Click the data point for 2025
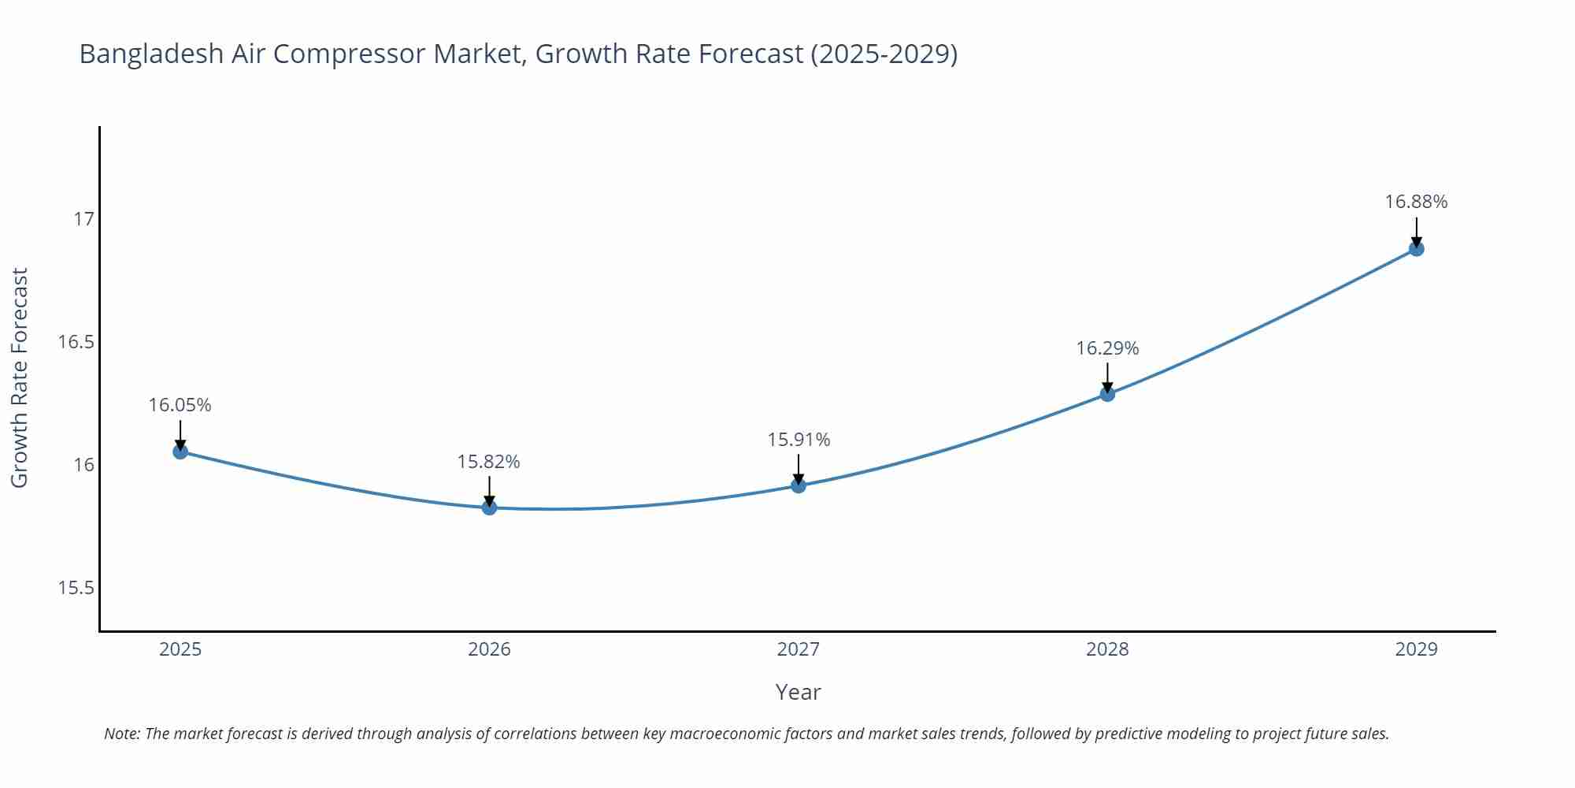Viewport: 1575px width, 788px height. [x=180, y=452]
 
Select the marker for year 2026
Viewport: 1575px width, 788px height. [x=489, y=507]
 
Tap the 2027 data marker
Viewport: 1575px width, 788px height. [x=799, y=485]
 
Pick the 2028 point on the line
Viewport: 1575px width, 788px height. [x=1107, y=394]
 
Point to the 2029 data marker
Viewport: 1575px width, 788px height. [x=1416, y=249]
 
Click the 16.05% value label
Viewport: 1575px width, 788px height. [x=180, y=405]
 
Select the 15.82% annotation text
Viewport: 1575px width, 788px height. [x=488, y=462]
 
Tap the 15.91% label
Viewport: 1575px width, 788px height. [x=799, y=440]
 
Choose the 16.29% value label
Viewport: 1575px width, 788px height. [x=1107, y=348]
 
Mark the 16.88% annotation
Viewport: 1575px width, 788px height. [x=1416, y=202]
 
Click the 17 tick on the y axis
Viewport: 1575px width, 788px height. [x=83, y=219]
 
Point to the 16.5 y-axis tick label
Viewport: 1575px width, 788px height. [x=76, y=342]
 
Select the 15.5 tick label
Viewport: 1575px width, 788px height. [x=76, y=588]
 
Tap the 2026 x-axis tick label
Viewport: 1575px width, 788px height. [x=489, y=649]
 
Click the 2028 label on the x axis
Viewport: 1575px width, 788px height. [x=1107, y=649]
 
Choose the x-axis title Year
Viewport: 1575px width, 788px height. [x=798, y=692]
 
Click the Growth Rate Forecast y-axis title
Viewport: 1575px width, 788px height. [x=20, y=377]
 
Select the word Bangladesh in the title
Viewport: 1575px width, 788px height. [x=151, y=54]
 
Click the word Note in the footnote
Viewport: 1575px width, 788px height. [x=120, y=734]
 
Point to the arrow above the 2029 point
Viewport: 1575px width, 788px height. [x=1416, y=232]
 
